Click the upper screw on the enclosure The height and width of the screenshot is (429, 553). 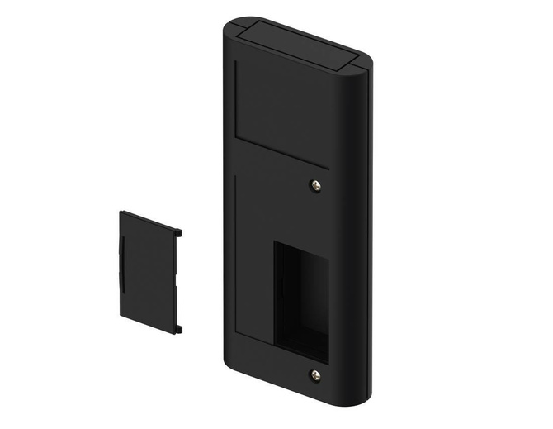coord(316,186)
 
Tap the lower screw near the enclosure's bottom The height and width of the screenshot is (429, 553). coord(315,375)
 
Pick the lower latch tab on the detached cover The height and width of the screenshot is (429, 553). coord(177,330)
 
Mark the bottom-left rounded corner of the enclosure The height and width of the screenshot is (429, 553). coord(229,364)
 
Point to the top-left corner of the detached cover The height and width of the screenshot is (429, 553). coord(122,214)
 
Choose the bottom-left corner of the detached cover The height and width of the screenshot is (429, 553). coord(122,317)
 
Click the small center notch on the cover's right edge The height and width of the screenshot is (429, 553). coord(176,281)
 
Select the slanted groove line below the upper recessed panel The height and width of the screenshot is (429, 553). coord(281,154)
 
